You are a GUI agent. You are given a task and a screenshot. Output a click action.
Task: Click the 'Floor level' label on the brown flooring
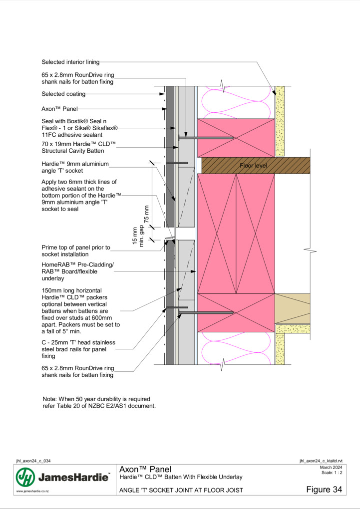pos(254,166)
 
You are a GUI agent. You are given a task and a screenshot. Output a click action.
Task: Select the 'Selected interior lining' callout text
pos(70,62)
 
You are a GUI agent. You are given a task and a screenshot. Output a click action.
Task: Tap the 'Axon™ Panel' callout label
pos(59,109)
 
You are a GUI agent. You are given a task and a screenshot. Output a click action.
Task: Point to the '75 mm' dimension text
pos(146,214)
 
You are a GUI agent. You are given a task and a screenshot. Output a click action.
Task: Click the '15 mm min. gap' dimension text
pos(138,236)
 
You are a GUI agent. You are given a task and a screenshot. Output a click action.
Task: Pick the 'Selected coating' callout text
pos(63,94)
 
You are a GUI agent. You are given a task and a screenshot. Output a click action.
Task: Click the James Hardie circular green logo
pos(25,477)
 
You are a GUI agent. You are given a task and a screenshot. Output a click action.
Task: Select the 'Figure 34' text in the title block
pos(324,490)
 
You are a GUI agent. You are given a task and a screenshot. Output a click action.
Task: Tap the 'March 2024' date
pos(331,468)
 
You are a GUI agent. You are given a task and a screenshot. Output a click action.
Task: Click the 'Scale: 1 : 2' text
pos(332,473)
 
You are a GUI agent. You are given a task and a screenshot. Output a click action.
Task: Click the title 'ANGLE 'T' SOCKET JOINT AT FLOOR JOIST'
pos(181,490)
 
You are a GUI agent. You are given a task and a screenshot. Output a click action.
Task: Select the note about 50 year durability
pos(99,403)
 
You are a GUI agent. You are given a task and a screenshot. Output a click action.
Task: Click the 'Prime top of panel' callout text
pos(76,251)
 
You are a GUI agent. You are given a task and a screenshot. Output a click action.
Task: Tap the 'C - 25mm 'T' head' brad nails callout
pos(78,349)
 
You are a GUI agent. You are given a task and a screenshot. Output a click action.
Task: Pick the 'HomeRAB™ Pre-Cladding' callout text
pos(78,271)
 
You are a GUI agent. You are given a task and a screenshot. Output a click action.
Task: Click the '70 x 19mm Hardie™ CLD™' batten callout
pos(78,147)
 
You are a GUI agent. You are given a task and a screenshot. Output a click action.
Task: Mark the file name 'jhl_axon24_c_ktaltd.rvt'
pos(321,461)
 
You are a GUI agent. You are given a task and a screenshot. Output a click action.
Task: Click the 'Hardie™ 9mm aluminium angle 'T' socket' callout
pos(75,167)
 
